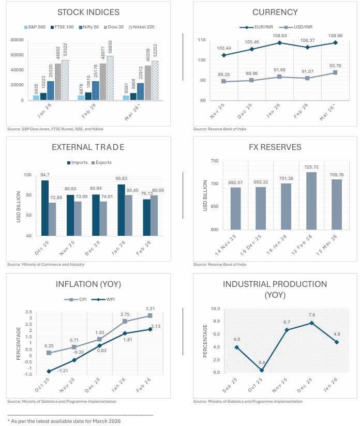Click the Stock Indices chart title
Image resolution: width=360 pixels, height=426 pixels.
[x=88, y=12]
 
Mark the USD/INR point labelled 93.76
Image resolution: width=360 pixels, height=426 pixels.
[x=334, y=72]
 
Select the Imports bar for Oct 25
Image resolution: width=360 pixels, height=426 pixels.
[x=46, y=208]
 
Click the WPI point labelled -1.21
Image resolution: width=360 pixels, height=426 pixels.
[x=49, y=371]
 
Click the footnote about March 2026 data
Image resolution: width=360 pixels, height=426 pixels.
[x=65, y=421]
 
